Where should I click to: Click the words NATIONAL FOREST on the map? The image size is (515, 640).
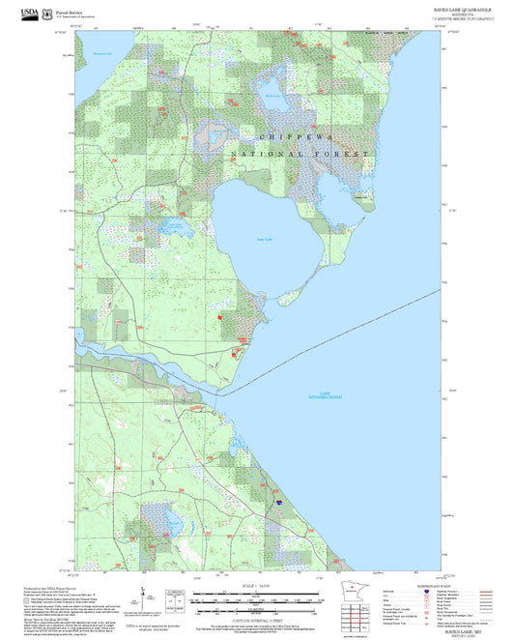point(300,155)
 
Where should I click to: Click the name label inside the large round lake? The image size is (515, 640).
point(265,239)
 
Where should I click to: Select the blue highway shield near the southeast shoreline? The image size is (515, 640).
point(279,503)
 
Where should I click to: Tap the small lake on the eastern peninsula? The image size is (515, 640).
point(363,198)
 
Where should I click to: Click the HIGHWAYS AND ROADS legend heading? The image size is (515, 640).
point(426,584)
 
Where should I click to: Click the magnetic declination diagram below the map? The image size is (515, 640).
point(144,595)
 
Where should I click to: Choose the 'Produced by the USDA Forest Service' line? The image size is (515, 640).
point(47,586)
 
